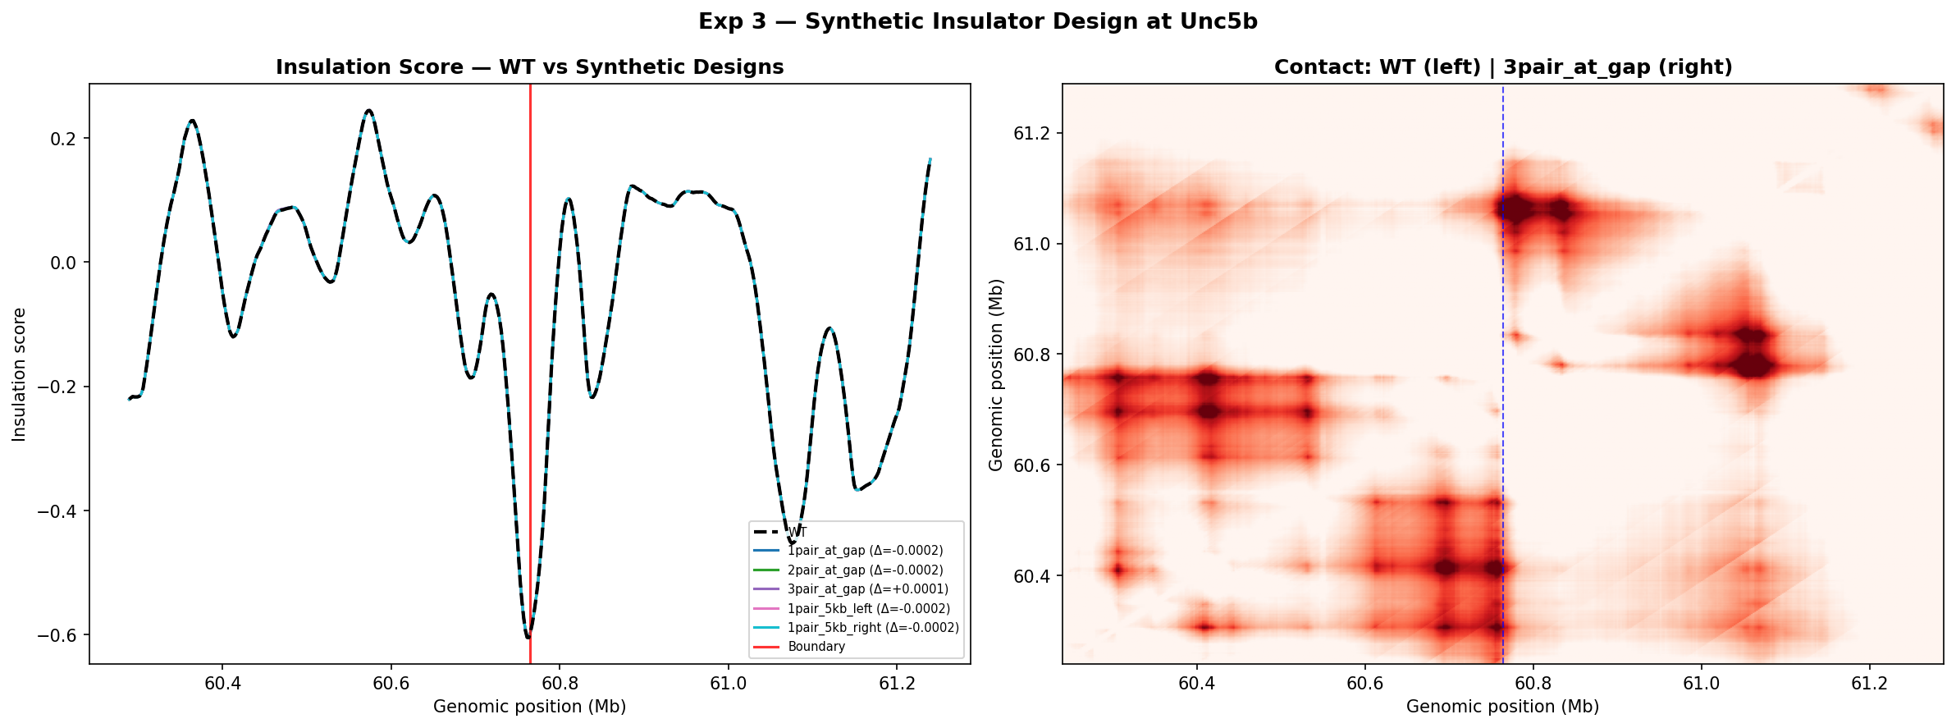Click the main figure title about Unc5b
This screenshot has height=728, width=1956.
pos(977,22)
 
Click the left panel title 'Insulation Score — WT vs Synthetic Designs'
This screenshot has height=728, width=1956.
pos(529,67)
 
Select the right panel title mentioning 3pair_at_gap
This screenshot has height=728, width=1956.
pos(1502,67)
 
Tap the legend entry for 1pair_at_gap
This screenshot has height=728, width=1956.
pos(865,551)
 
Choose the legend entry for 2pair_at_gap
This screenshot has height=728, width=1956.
pos(865,570)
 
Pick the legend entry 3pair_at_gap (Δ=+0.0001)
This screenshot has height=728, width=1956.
pos(867,589)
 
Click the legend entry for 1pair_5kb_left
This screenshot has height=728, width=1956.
pos(868,609)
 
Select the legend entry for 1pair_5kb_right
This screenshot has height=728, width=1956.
pos(872,628)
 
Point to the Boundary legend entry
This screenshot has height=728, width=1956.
pos(816,647)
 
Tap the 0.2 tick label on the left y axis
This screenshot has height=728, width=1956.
pos(63,139)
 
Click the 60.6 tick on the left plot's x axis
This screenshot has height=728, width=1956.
pos(391,684)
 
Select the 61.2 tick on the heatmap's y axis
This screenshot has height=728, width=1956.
pos(1032,134)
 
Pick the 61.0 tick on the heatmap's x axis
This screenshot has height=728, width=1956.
pos(1701,684)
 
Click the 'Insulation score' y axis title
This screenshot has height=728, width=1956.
pos(20,374)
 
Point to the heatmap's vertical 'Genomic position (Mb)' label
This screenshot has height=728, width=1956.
pos(996,374)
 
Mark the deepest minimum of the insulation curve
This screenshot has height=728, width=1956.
pos(528,637)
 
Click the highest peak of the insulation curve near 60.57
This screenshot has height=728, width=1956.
pos(368,111)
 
